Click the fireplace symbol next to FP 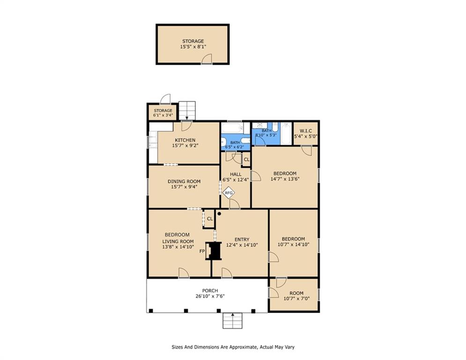click(x=215, y=251)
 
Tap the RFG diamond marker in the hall click(x=229, y=193)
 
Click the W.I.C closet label click(x=305, y=133)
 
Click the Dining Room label click(x=184, y=181)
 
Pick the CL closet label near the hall click(x=246, y=160)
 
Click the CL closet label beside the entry click(x=210, y=218)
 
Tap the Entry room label click(x=242, y=239)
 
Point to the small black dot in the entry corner click(x=219, y=214)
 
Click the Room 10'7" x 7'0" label click(x=294, y=296)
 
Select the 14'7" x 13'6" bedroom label click(x=285, y=176)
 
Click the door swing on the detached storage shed click(x=207, y=59)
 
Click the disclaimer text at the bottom click(x=233, y=347)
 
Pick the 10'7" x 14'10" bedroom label click(x=294, y=242)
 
